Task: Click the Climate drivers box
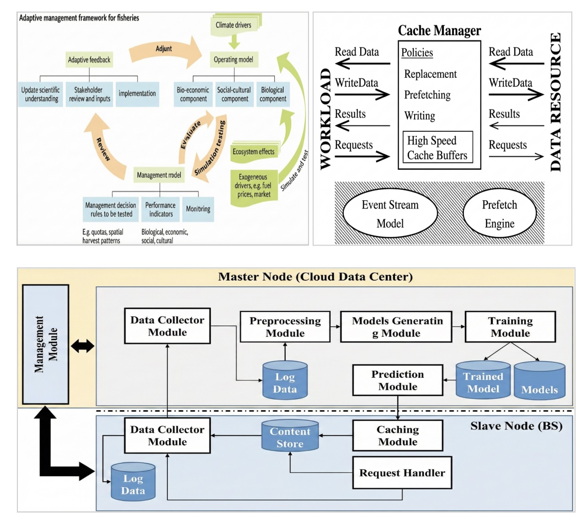(x=234, y=25)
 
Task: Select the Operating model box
(x=233, y=59)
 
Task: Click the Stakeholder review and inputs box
(x=89, y=94)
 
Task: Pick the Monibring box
(x=198, y=209)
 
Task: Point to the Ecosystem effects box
(x=254, y=152)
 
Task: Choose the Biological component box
(x=273, y=94)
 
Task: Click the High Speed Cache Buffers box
(x=437, y=148)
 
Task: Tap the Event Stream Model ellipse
(x=390, y=214)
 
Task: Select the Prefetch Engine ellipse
(x=499, y=214)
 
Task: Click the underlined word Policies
(x=417, y=53)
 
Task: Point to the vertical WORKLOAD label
(x=325, y=119)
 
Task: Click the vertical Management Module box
(x=46, y=344)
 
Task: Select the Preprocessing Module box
(x=285, y=327)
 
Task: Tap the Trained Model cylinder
(x=483, y=381)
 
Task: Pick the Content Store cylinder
(x=290, y=436)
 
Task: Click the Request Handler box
(x=402, y=473)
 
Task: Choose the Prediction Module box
(x=397, y=380)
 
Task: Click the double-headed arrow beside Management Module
(x=82, y=346)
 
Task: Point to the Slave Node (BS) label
(x=516, y=426)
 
